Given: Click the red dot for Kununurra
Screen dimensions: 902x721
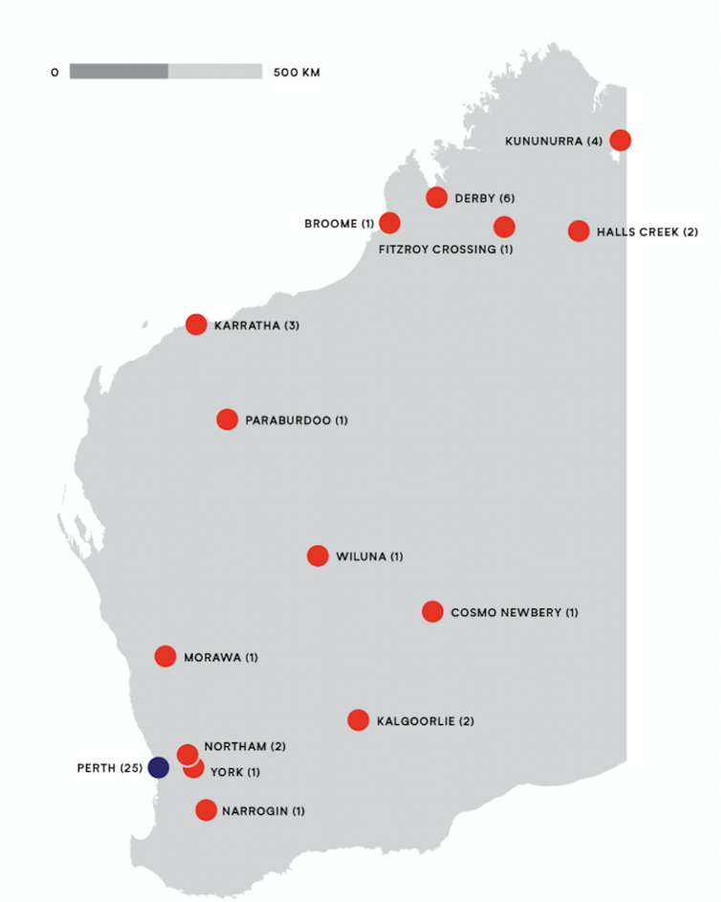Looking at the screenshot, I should tap(620, 140).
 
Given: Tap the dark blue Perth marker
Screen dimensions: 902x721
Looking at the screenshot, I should tap(158, 767).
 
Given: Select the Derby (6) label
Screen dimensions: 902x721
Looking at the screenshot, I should tap(485, 198).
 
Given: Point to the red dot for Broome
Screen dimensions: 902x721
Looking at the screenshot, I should tap(389, 223).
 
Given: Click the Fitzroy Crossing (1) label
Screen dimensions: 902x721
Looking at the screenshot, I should tap(446, 250).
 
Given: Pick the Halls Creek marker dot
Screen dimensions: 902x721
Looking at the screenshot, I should tap(579, 231).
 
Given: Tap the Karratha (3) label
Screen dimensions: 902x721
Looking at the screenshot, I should tap(256, 325).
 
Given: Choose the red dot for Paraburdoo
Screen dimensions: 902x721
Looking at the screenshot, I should tap(227, 419).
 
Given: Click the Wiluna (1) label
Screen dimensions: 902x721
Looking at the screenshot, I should tap(369, 557).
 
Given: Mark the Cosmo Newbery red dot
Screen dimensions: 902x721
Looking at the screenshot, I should tap(432, 611).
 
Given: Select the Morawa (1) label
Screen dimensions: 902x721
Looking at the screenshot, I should tap(221, 657).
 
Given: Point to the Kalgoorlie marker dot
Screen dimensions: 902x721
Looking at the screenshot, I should tap(359, 719).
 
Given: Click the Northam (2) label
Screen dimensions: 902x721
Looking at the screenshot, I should tap(245, 746).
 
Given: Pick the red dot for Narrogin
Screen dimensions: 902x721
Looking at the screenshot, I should tap(206, 810).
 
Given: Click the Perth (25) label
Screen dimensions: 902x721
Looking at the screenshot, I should tap(110, 768).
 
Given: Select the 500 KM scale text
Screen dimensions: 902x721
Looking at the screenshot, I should tap(296, 72).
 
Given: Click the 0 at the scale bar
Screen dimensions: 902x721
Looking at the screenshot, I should tap(55, 72).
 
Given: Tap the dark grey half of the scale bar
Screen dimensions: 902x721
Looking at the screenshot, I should tap(119, 72).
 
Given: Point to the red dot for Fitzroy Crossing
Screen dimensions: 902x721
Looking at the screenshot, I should tap(504, 227).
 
